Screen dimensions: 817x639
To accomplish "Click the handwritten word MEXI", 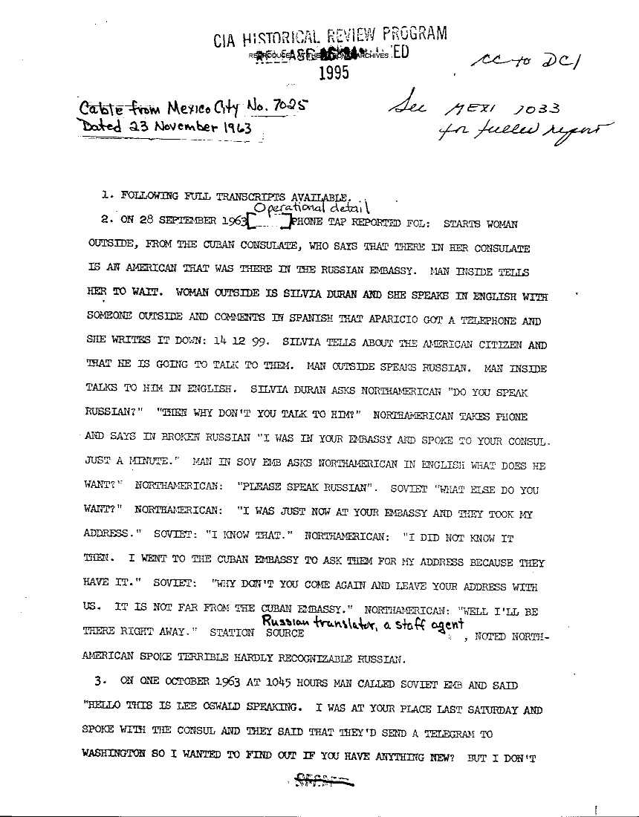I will (461, 111).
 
